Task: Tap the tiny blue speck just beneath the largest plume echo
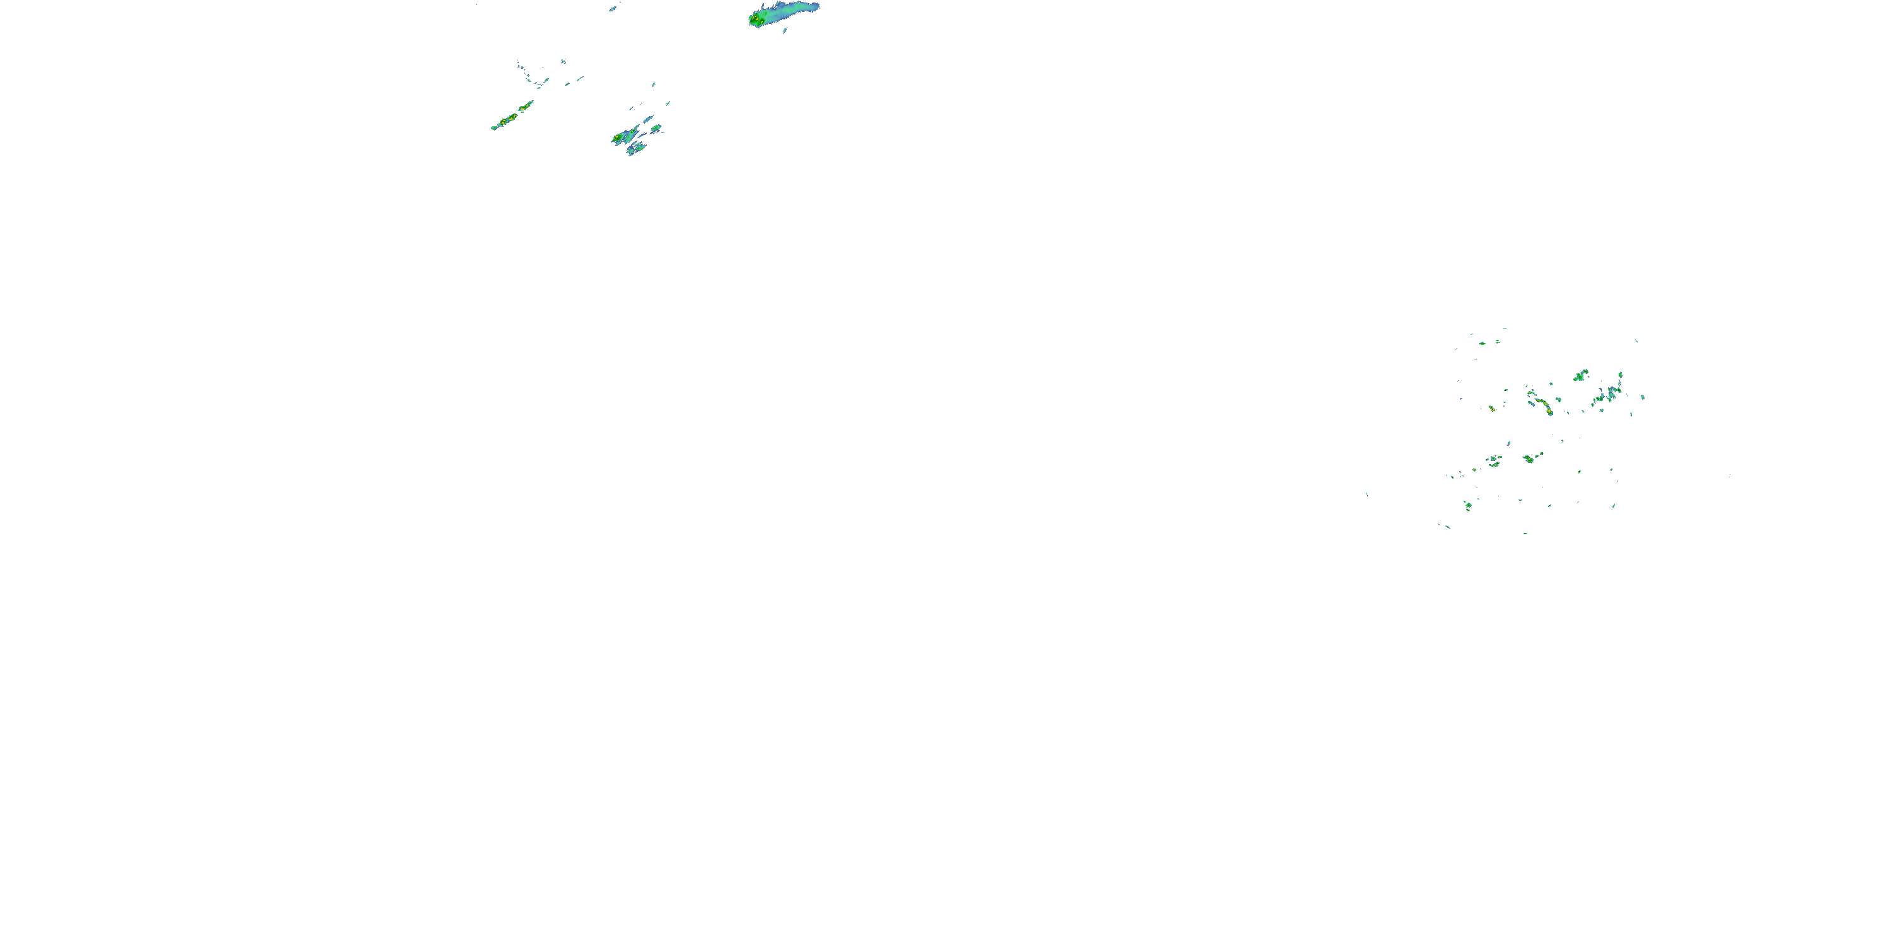coord(785,30)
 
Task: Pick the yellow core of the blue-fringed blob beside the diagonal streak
coord(616,137)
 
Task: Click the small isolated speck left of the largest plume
coord(612,9)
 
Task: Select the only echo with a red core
coord(1491,409)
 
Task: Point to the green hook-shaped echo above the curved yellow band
coord(1580,376)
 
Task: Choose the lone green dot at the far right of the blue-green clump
coord(1643,397)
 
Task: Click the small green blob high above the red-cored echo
coord(1483,343)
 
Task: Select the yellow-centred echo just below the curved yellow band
coord(1529,459)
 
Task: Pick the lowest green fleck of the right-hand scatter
coord(1525,532)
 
